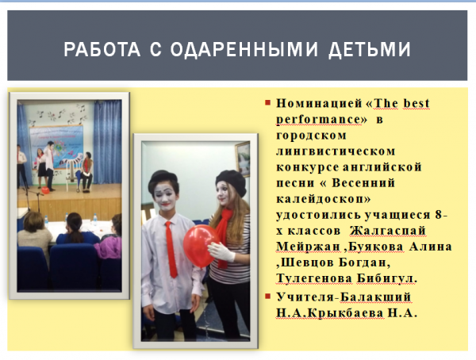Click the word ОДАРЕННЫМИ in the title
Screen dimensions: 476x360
point(244,49)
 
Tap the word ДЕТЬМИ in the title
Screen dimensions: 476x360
point(370,49)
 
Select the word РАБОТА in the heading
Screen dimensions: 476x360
point(102,49)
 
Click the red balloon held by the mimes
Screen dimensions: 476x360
point(202,246)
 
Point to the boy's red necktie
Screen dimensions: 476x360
point(171,250)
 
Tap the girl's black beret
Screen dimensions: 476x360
point(232,182)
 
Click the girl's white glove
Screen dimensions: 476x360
point(221,252)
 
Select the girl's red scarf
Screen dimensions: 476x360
point(223,231)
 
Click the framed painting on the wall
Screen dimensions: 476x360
point(243,159)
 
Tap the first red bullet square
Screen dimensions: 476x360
point(267,102)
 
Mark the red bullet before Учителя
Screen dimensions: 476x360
point(267,296)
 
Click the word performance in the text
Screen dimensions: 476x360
point(319,120)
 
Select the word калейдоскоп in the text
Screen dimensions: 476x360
point(324,199)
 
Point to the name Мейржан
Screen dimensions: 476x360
point(308,246)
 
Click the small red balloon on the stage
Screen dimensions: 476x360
point(45,190)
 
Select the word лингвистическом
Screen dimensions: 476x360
point(336,151)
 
